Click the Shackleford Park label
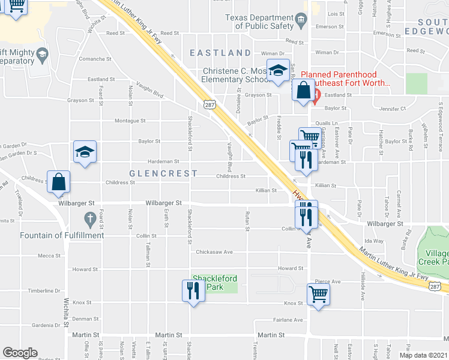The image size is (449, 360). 214,282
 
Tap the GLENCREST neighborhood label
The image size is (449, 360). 163,173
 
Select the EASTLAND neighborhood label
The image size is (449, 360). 220,53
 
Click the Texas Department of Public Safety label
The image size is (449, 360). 260,22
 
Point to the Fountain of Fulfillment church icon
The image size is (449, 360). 89,220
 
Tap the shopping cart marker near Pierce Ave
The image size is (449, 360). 318,295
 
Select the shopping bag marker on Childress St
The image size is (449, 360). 59,182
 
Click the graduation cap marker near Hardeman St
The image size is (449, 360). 85,152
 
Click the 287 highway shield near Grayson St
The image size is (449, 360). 208,105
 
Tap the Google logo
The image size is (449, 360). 20,353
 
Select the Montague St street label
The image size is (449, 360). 130,121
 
